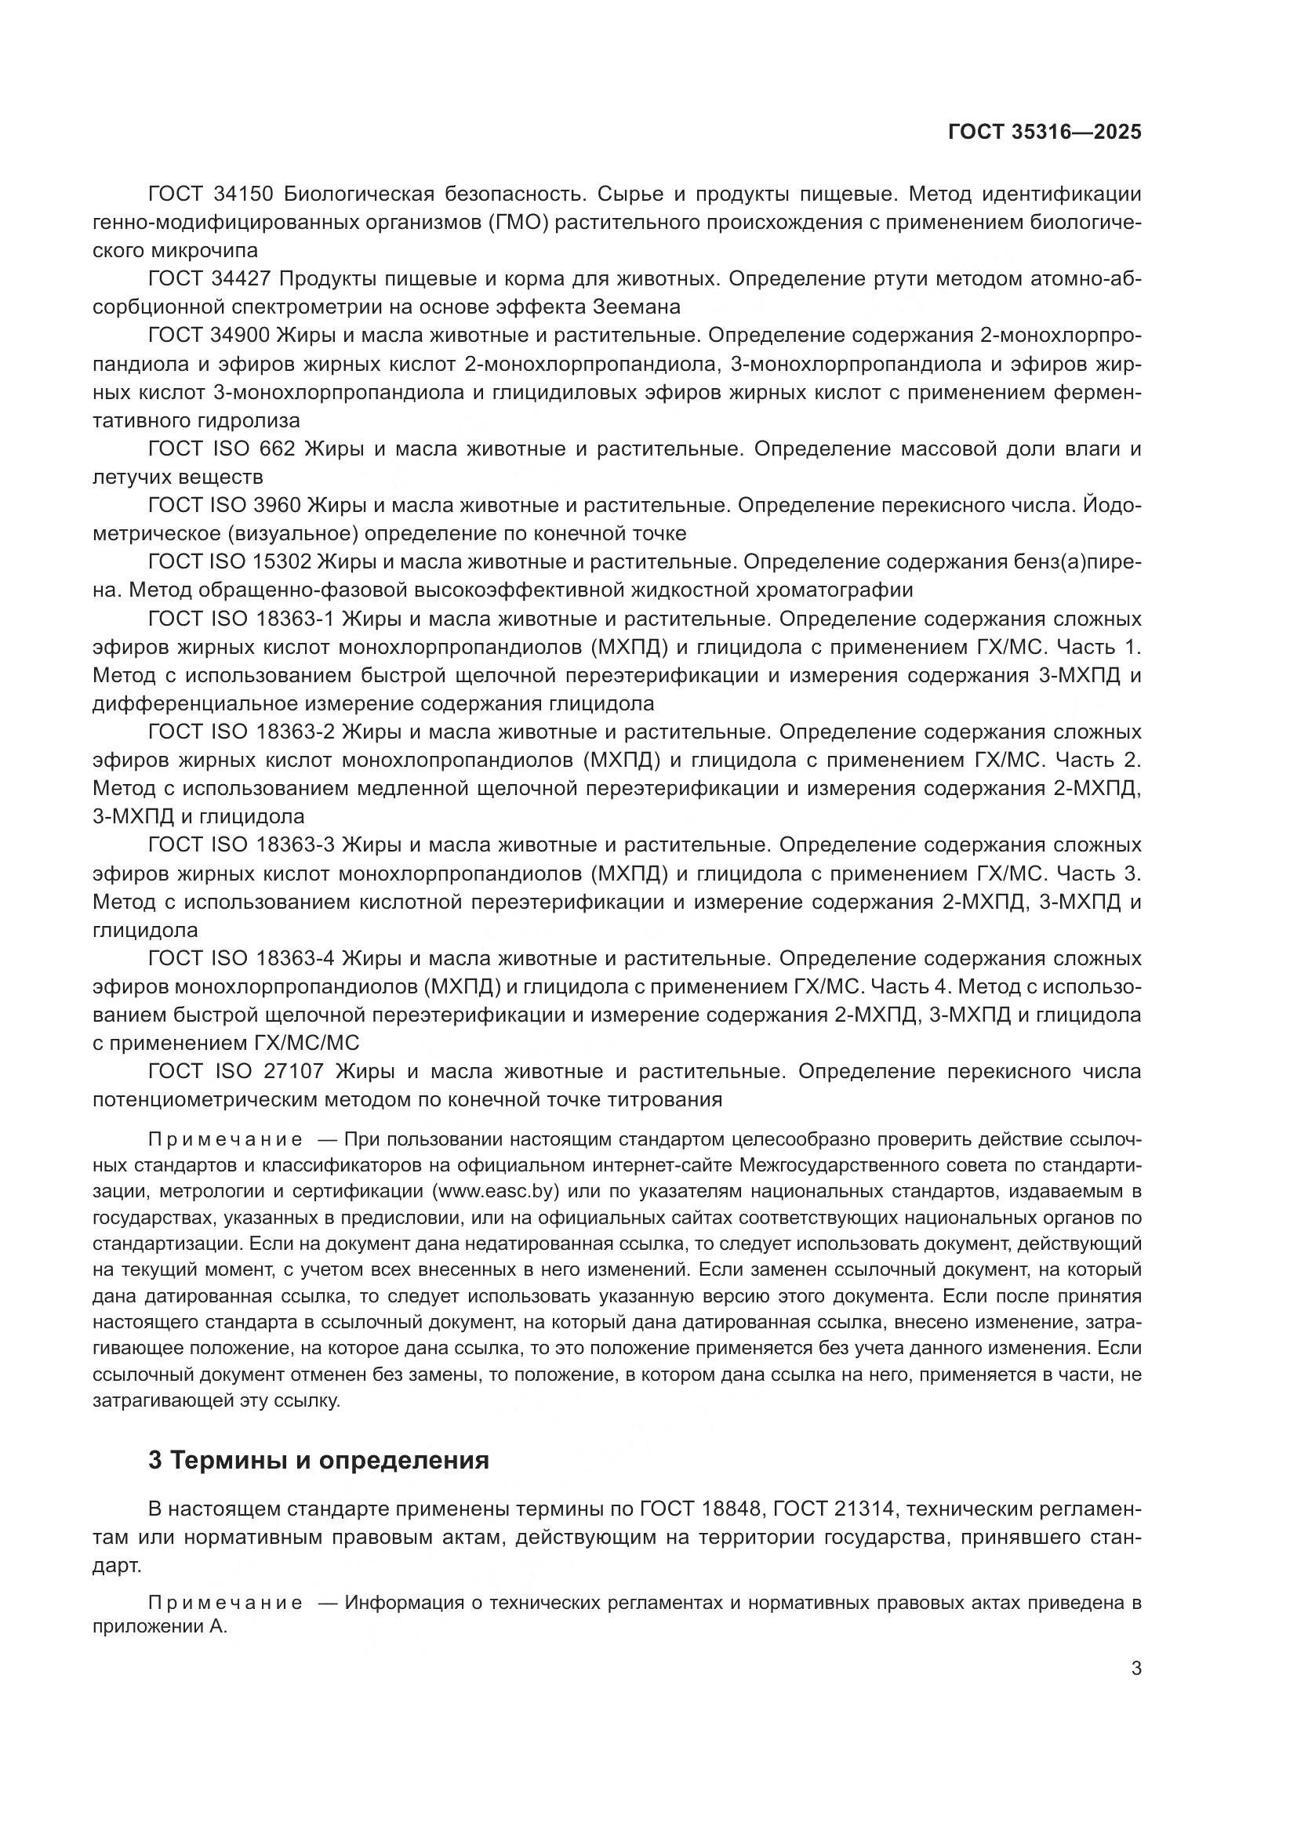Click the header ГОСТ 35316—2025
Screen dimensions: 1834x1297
point(1045,132)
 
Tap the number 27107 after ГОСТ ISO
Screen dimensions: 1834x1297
point(289,1071)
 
